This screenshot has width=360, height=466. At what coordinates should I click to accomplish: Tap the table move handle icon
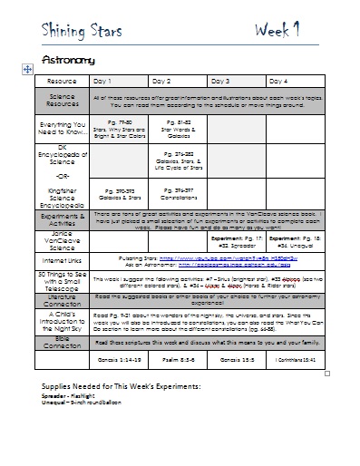[x=27, y=69]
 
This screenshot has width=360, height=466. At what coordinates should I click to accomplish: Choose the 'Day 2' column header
[x=161, y=81]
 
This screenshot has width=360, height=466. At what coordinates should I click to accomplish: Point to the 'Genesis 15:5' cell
[x=237, y=361]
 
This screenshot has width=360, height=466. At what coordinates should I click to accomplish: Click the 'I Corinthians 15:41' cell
[x=296, y=361]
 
